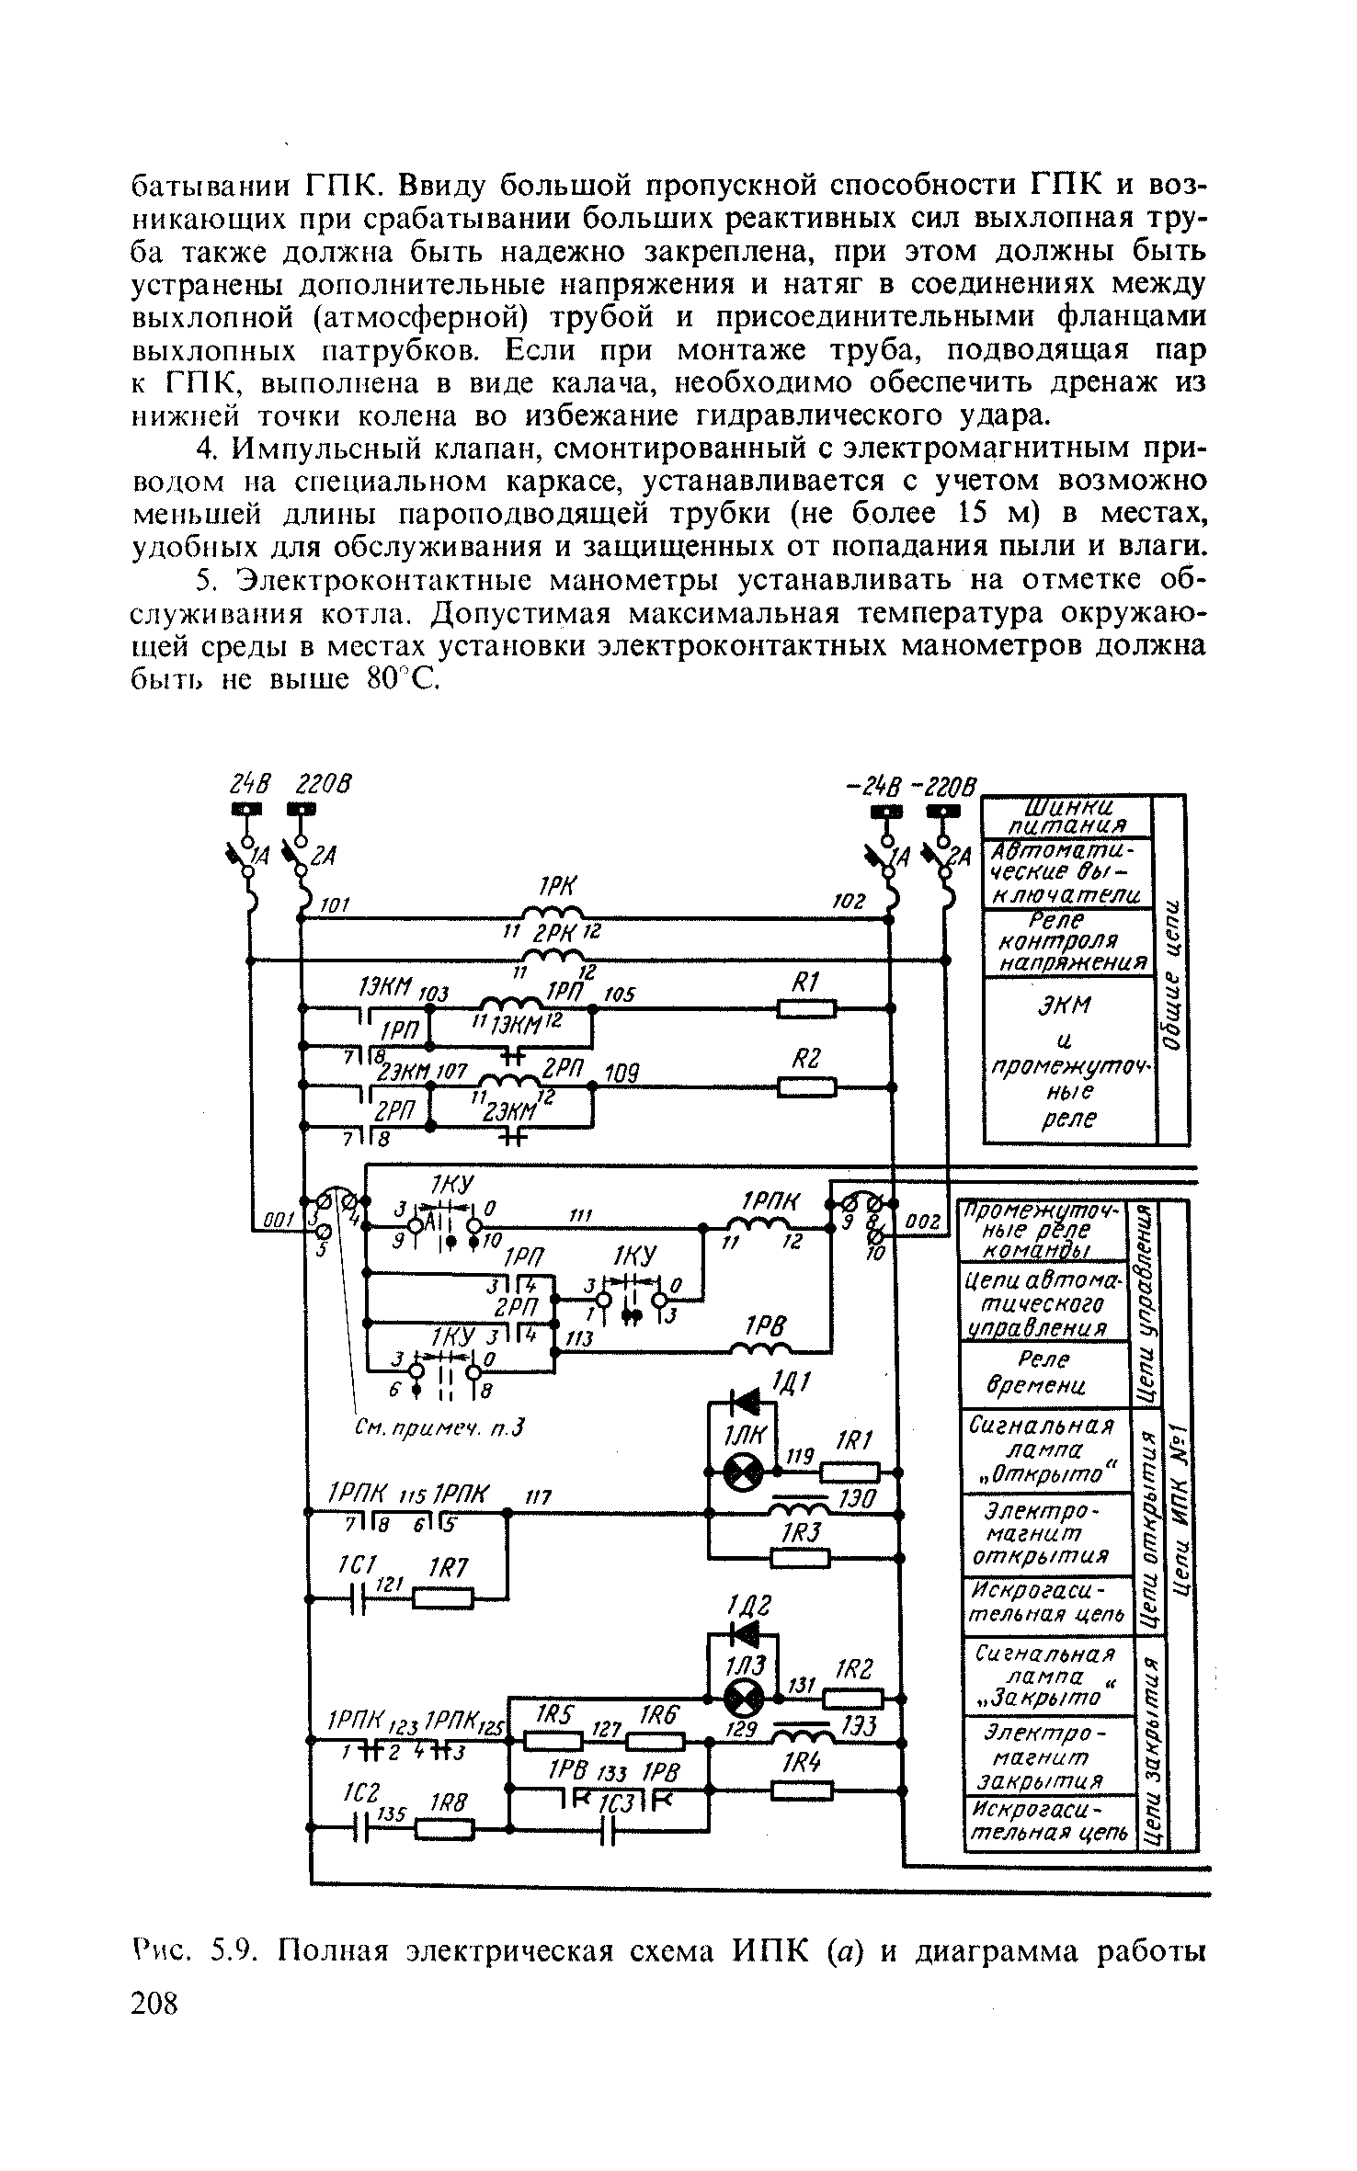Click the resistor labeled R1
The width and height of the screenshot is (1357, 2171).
pyautogui.click(x=806, y=1009)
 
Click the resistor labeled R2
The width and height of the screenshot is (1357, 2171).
pyautogui.click(x=806, y=1087)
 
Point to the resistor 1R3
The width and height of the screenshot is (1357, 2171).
pyautogui.click(x=799, y=1557)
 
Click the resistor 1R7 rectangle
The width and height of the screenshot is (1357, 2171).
pyautogui.click(x=443, y=1598)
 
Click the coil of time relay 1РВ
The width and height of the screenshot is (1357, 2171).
pyautogui.click(x=762, y=1350)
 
